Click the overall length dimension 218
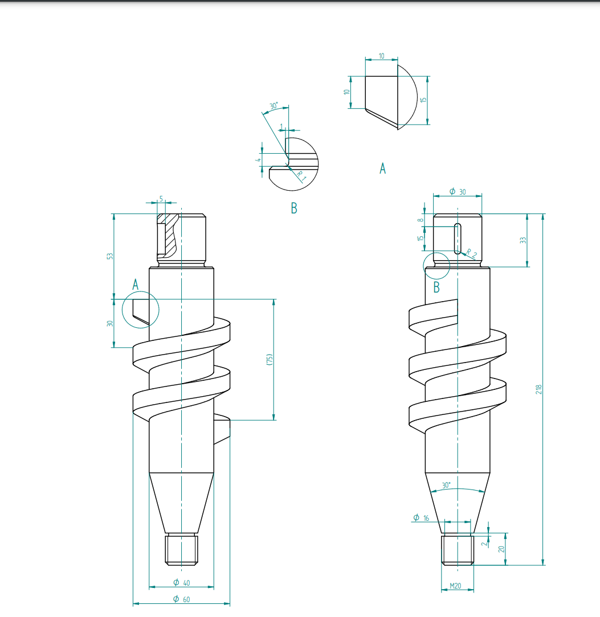538,389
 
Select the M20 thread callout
456,585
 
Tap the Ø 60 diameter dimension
181,599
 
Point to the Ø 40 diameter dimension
181,582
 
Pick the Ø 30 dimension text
458,192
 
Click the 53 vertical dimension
110,256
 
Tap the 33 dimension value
523,240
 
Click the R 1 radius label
301,176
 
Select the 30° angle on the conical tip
446,486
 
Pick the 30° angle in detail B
274,106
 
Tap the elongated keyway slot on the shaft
457,238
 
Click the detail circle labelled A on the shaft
141,310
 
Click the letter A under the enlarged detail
382,168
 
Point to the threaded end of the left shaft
181,549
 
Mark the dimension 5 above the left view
161,199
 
